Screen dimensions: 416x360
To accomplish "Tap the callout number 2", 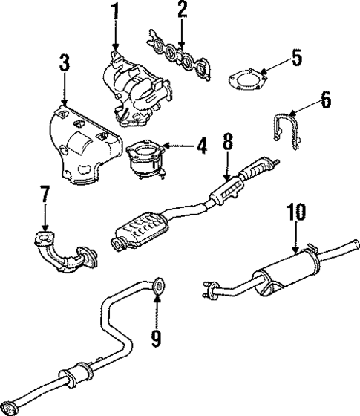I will click(181, 10).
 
